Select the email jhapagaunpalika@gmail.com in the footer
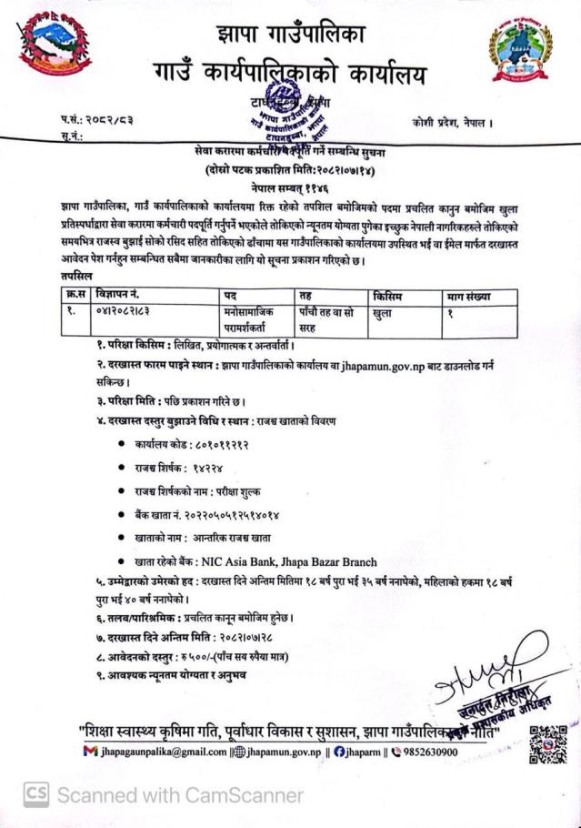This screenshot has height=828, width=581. point(169,752)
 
